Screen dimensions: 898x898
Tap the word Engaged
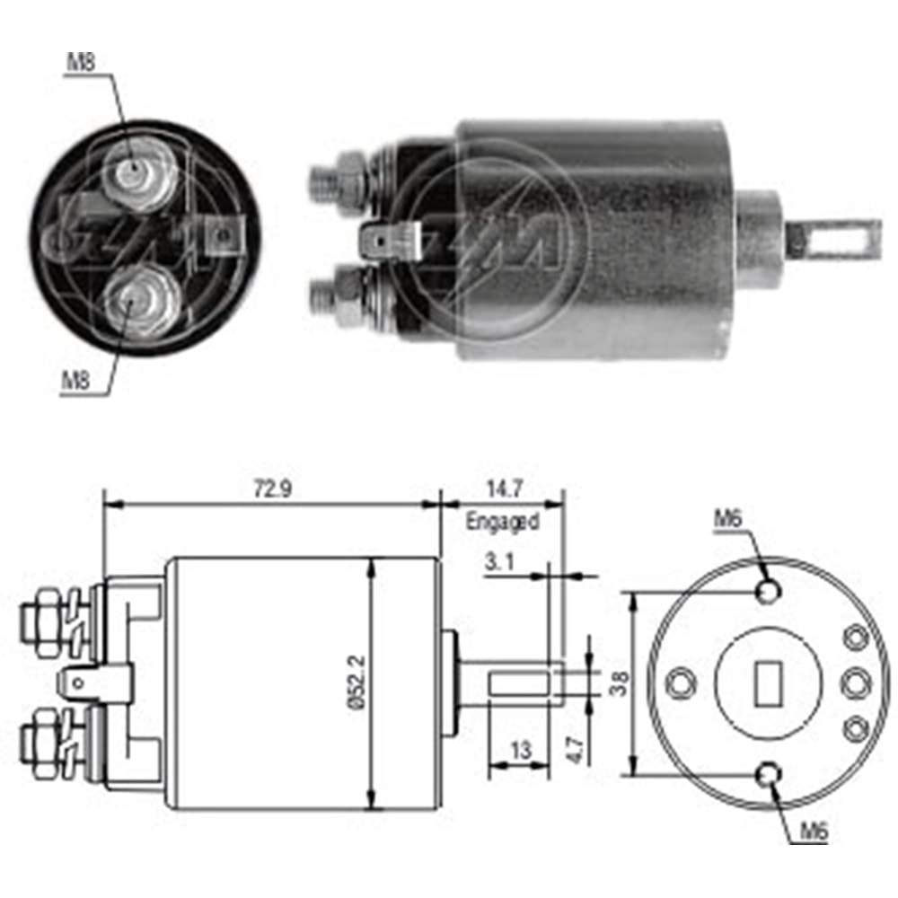tap(502, 521)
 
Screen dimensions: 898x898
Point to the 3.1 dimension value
tap(499, 563)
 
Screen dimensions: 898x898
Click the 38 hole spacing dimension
tap(616, 683)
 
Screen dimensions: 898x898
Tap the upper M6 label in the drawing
tap(728, 518)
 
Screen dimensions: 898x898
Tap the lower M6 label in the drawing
tap(812, 831)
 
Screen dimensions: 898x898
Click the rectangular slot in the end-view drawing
tap(768, 683)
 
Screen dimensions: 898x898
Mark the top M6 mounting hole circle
tap(769, 592)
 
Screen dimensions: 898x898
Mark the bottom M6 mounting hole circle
tap(769, 774)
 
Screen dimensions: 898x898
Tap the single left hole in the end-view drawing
tap(682, 683)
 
